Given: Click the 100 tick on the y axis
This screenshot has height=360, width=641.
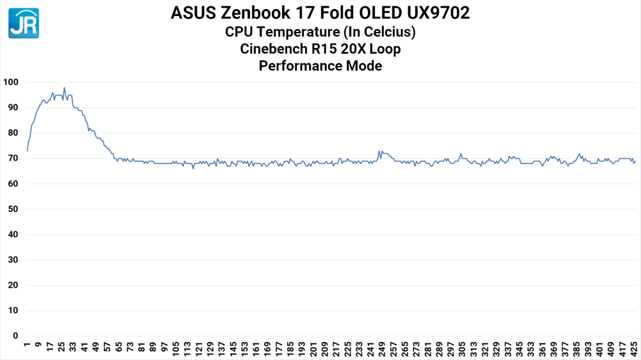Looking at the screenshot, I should (11, 83).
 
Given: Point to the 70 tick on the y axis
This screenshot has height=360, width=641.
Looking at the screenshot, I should (13, 158).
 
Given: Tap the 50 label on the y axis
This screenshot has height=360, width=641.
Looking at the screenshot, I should (13, 209).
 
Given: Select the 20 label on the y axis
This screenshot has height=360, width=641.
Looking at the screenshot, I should (13, 285).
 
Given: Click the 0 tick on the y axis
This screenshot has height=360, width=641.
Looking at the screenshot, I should (16, 336).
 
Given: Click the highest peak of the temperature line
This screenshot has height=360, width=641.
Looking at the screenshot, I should (64, 88).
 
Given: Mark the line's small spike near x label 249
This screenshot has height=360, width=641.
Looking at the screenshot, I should (379, 151).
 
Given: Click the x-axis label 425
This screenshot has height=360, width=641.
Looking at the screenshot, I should (635, 349).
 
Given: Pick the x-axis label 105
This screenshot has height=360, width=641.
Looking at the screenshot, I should (176, 349).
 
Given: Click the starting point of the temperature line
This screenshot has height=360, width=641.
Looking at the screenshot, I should (28, 151).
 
